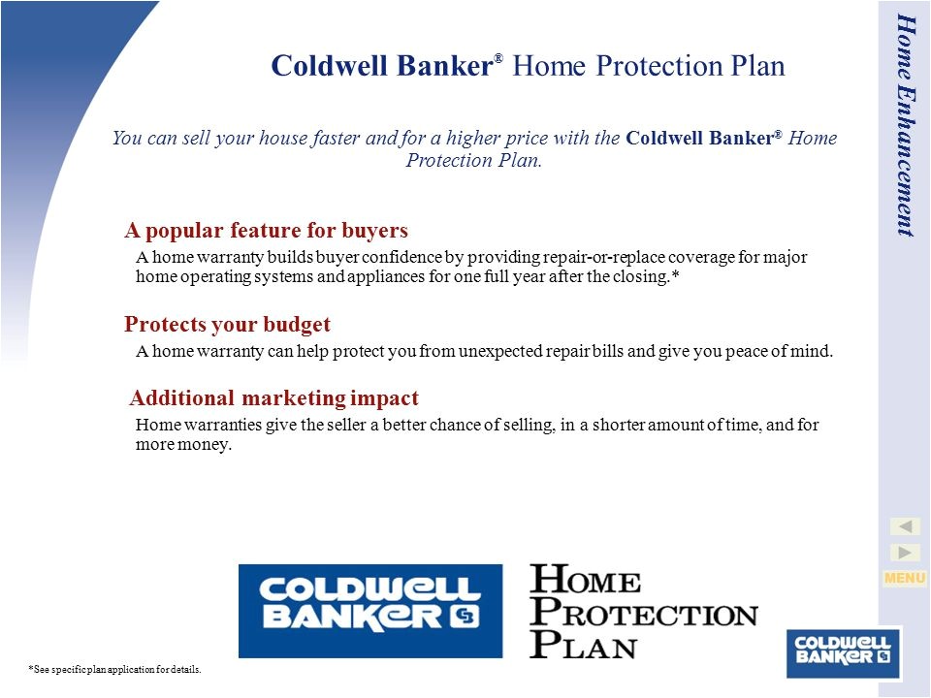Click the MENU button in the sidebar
coord(904,578)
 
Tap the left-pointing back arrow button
coord(905,526)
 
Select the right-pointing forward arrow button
coord(905,553)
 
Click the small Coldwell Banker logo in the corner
coord(843,652)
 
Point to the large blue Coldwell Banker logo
coord(370,611)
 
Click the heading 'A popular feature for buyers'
coord(266,230)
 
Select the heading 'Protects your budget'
coord(227,324)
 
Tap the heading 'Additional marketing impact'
coord(273,397)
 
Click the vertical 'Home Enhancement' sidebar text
coord(906,125)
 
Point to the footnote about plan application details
coord(115,670)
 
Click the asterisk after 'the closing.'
coord(675,274)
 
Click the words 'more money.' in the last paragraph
coord(183,445)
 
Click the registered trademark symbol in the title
coord(498,58)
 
